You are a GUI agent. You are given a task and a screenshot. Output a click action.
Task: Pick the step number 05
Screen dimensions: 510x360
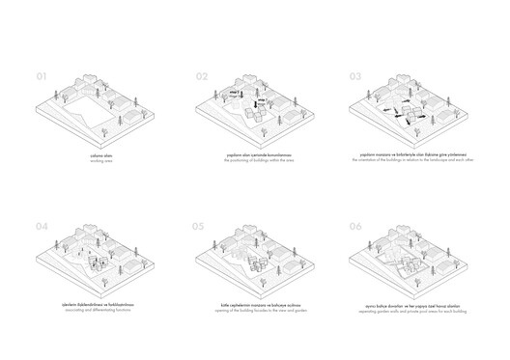200,229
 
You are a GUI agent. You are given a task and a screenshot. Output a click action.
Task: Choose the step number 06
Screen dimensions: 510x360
355,229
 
